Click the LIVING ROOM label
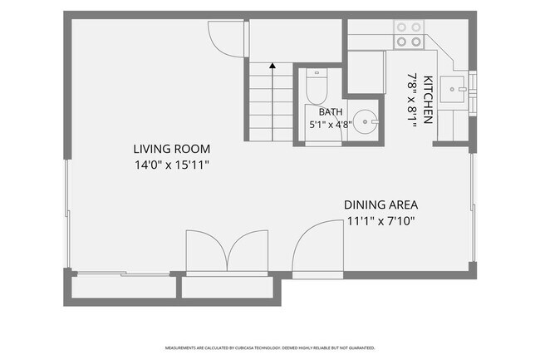[x=171, y=149]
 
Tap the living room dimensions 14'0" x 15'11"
[x=171, y=165]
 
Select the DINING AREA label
[x=380, y=205]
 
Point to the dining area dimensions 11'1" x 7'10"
[x=380, y=221]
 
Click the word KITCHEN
[x=428, y=100]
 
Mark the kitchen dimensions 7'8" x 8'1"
[x=412, y=100]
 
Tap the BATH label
[x=331, y=112]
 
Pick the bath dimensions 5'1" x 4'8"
[x=331, y=125]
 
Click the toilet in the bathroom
[x=317, y=86]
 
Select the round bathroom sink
[x=366, y=121]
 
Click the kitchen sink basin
[x=453, y=90]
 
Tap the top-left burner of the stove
[x=401, y=27]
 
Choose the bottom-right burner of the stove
[x=416, y=42]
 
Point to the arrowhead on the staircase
[x=272, y=65]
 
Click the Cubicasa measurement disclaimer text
[x=270, y=348]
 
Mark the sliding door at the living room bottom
[x=123, y=274]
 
